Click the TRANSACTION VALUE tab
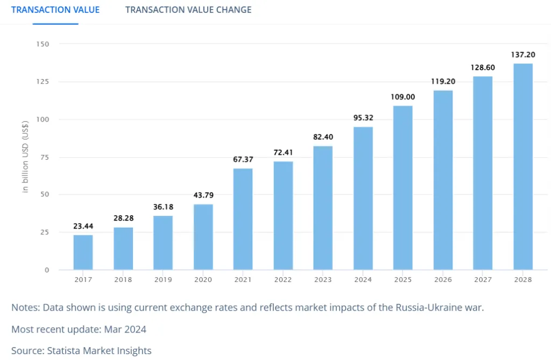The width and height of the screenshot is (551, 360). click(55, 10)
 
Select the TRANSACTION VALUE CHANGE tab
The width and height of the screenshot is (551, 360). click(188, 10)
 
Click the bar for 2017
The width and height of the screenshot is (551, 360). click(83, 252)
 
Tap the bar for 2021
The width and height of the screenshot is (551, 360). click(243, 219)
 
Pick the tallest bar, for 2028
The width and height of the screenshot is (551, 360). click(522, 166)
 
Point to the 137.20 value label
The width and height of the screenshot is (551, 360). click(522, 55)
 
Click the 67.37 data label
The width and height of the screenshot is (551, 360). click(243, 160)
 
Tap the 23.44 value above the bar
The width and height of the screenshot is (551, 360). click(83, 226)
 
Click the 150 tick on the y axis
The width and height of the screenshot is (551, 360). click(43, 44)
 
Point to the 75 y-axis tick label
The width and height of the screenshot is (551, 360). click(45, 157)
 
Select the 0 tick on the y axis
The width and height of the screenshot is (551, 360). click(47, 270)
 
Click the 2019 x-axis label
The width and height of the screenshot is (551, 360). click(163, 280)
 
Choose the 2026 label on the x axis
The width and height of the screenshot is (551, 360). click(443, 280)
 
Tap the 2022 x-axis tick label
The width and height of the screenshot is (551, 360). click(283, 280)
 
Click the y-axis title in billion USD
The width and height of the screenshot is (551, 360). click(25, 157)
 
